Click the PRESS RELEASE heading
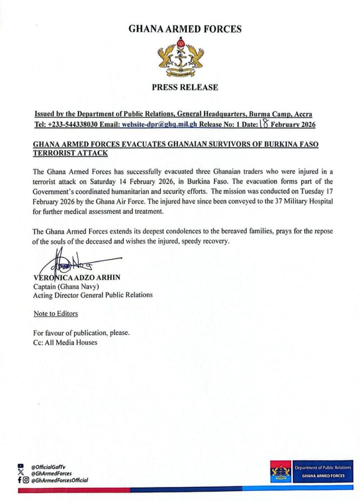tap(185, 88)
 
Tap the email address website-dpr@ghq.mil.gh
tap(159, 124)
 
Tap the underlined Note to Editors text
tap(55, 314)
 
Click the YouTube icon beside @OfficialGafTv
tap(20, 467)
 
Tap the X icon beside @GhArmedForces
tap(20, 474)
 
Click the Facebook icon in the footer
tap(19, 480)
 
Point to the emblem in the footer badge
tap(280, 472)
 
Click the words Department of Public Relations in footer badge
tap(322, 468)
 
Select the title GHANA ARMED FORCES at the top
tap(185, 29)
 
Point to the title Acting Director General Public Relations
tap(92, 295)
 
